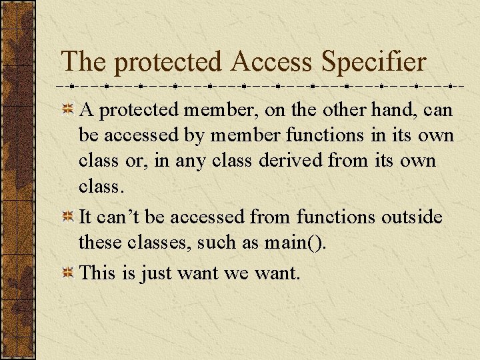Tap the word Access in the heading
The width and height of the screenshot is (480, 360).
[x=271, y=62]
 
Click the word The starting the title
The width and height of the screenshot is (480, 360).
[x=83, y=62]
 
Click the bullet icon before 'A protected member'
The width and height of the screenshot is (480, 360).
[x=68, y=109]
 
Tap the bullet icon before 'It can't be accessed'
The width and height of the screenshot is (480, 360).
[x=68, y=217]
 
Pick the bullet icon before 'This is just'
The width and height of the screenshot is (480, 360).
[x=68, y=272]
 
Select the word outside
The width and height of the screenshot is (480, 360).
[x=411, y=217]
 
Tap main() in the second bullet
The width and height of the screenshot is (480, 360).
[x=295, y=243]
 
